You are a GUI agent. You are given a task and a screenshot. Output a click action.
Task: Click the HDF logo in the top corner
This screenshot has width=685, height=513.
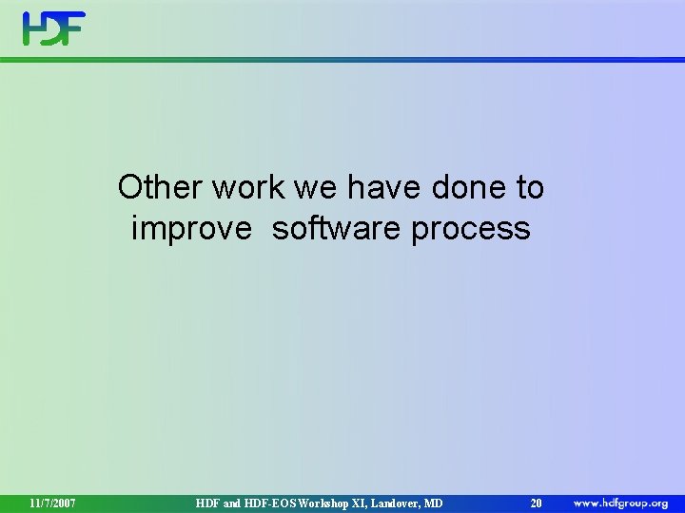tap(54, 28)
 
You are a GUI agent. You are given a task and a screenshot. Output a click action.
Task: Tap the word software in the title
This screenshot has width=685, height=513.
tap(337, 229)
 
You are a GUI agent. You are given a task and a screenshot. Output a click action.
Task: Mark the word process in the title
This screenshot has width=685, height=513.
tap(471, 229)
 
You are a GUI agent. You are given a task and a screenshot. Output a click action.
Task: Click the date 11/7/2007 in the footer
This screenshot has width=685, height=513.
tap(52, 503)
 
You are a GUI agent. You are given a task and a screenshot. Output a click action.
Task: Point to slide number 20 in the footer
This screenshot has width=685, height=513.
tap(536, 503)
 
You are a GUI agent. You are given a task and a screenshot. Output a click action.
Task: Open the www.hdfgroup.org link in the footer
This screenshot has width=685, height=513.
tap(620, 502)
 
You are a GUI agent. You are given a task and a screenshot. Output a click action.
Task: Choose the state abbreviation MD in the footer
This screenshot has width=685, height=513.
tap(434, 503)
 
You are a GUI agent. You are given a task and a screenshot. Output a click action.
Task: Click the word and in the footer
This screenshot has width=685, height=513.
tap(234, 503)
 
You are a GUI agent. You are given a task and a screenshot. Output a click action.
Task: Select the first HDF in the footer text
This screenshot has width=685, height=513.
tap(208, 503)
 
